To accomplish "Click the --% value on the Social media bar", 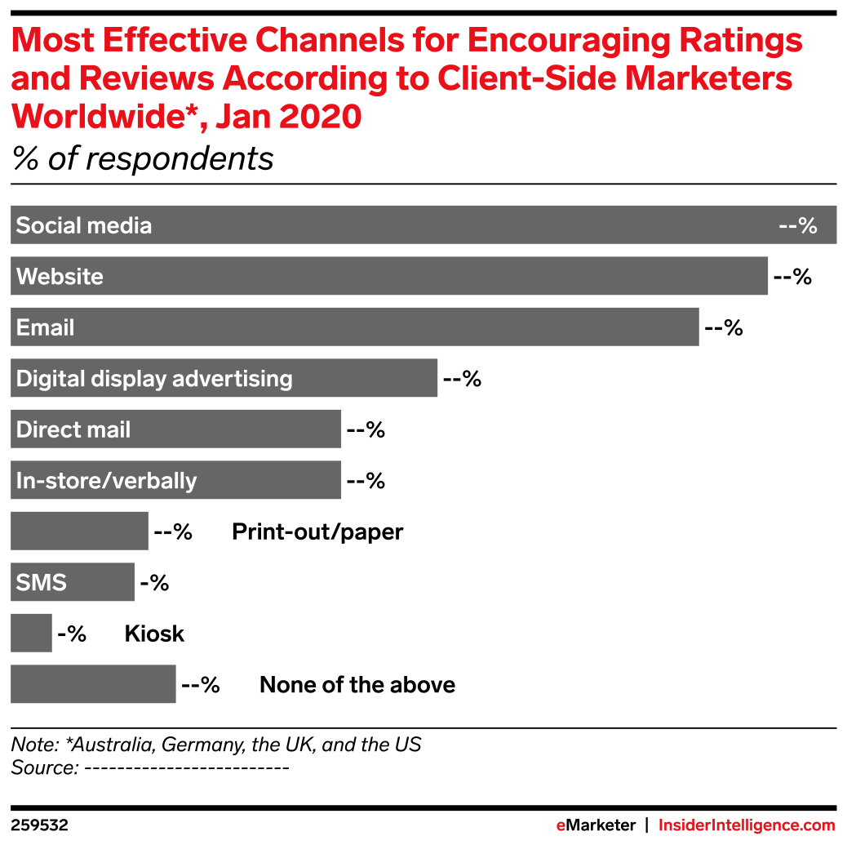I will tap(797, 226).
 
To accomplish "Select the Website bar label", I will tap(60, 277).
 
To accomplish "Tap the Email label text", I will tap(45, 328).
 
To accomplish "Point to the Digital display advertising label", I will tap(154, 379).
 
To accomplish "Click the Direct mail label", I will tap(73, 430).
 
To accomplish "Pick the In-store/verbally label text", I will tap(106, 481).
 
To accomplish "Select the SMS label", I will tap(41, 583).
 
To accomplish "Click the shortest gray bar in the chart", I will tap(31, 634).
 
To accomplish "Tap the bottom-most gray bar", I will tap(93, 684).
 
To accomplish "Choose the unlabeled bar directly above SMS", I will tap(79, 531).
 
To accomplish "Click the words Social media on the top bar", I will tap(84, 226).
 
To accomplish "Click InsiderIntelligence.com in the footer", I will tap(747, 825).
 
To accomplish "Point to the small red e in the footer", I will tap(561, 825).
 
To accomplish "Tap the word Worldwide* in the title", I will tap(93, 118).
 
